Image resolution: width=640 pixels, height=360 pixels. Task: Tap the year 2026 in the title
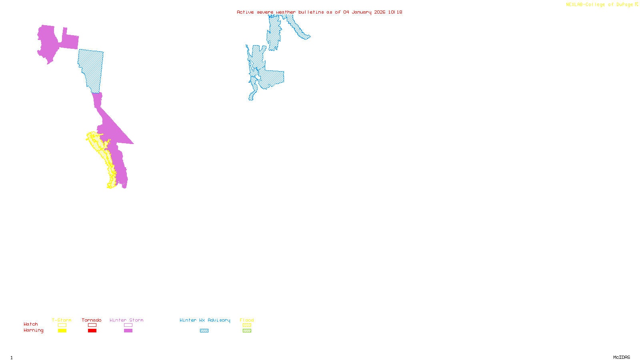tap(380, 12)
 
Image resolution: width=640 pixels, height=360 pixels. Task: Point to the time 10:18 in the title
tap(395, 12)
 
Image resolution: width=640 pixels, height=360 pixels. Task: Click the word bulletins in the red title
tap(311, 12)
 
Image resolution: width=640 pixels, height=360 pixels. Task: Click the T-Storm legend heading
tap(62, 320)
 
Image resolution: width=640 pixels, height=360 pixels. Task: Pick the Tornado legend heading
tap(92, 320)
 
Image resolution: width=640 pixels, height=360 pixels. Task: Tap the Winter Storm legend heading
tap(126, 320)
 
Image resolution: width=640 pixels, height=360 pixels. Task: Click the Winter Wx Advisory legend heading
tap(205, 320)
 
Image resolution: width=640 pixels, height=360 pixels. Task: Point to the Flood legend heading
tap(247, 320)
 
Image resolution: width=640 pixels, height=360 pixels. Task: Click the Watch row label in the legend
tap(31, 324)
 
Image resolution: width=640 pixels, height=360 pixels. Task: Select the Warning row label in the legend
tap(33, 330)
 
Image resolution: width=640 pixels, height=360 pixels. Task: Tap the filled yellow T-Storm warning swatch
tap(62, 331)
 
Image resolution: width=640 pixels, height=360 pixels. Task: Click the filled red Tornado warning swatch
tap(92, 331)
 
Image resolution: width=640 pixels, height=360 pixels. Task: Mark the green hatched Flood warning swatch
tap(247, 331)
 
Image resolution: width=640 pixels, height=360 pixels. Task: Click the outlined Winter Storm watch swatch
tap(128, 325)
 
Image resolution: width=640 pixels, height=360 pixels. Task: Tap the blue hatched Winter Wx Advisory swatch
tap(204, 331)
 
